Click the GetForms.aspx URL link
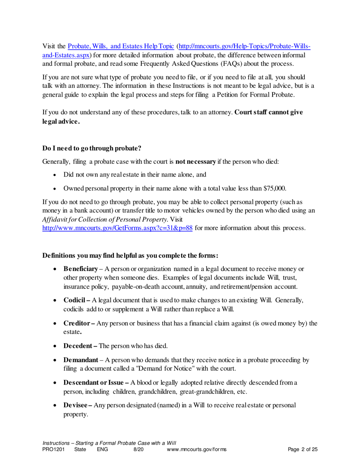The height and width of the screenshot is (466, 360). coord(118,228)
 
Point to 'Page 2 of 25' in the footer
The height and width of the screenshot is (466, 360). coord(302,450)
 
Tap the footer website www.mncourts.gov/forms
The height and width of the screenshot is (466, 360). coord(197,450)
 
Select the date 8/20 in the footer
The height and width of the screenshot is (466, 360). coord(139,450)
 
